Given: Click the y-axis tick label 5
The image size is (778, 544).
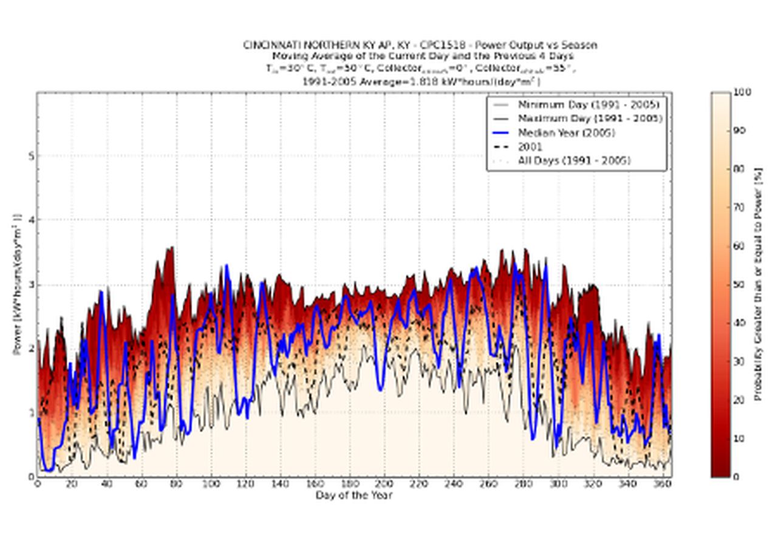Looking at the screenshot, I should coord(31,156).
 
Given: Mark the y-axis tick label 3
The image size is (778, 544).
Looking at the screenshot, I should coord(31,284).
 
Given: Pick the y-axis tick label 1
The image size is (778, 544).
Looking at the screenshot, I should coord(31,412).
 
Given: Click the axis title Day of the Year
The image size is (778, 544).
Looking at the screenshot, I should coord(354,495).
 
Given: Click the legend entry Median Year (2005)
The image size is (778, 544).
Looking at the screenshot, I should coord(566,132).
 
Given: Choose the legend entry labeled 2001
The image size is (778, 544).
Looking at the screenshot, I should coord(530,146).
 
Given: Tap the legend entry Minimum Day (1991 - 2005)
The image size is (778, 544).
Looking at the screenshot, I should coord(588,104).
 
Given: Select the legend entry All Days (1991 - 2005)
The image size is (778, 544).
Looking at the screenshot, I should coord(574,160).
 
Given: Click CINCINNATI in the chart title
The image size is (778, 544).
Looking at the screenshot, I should coord(270,45).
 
